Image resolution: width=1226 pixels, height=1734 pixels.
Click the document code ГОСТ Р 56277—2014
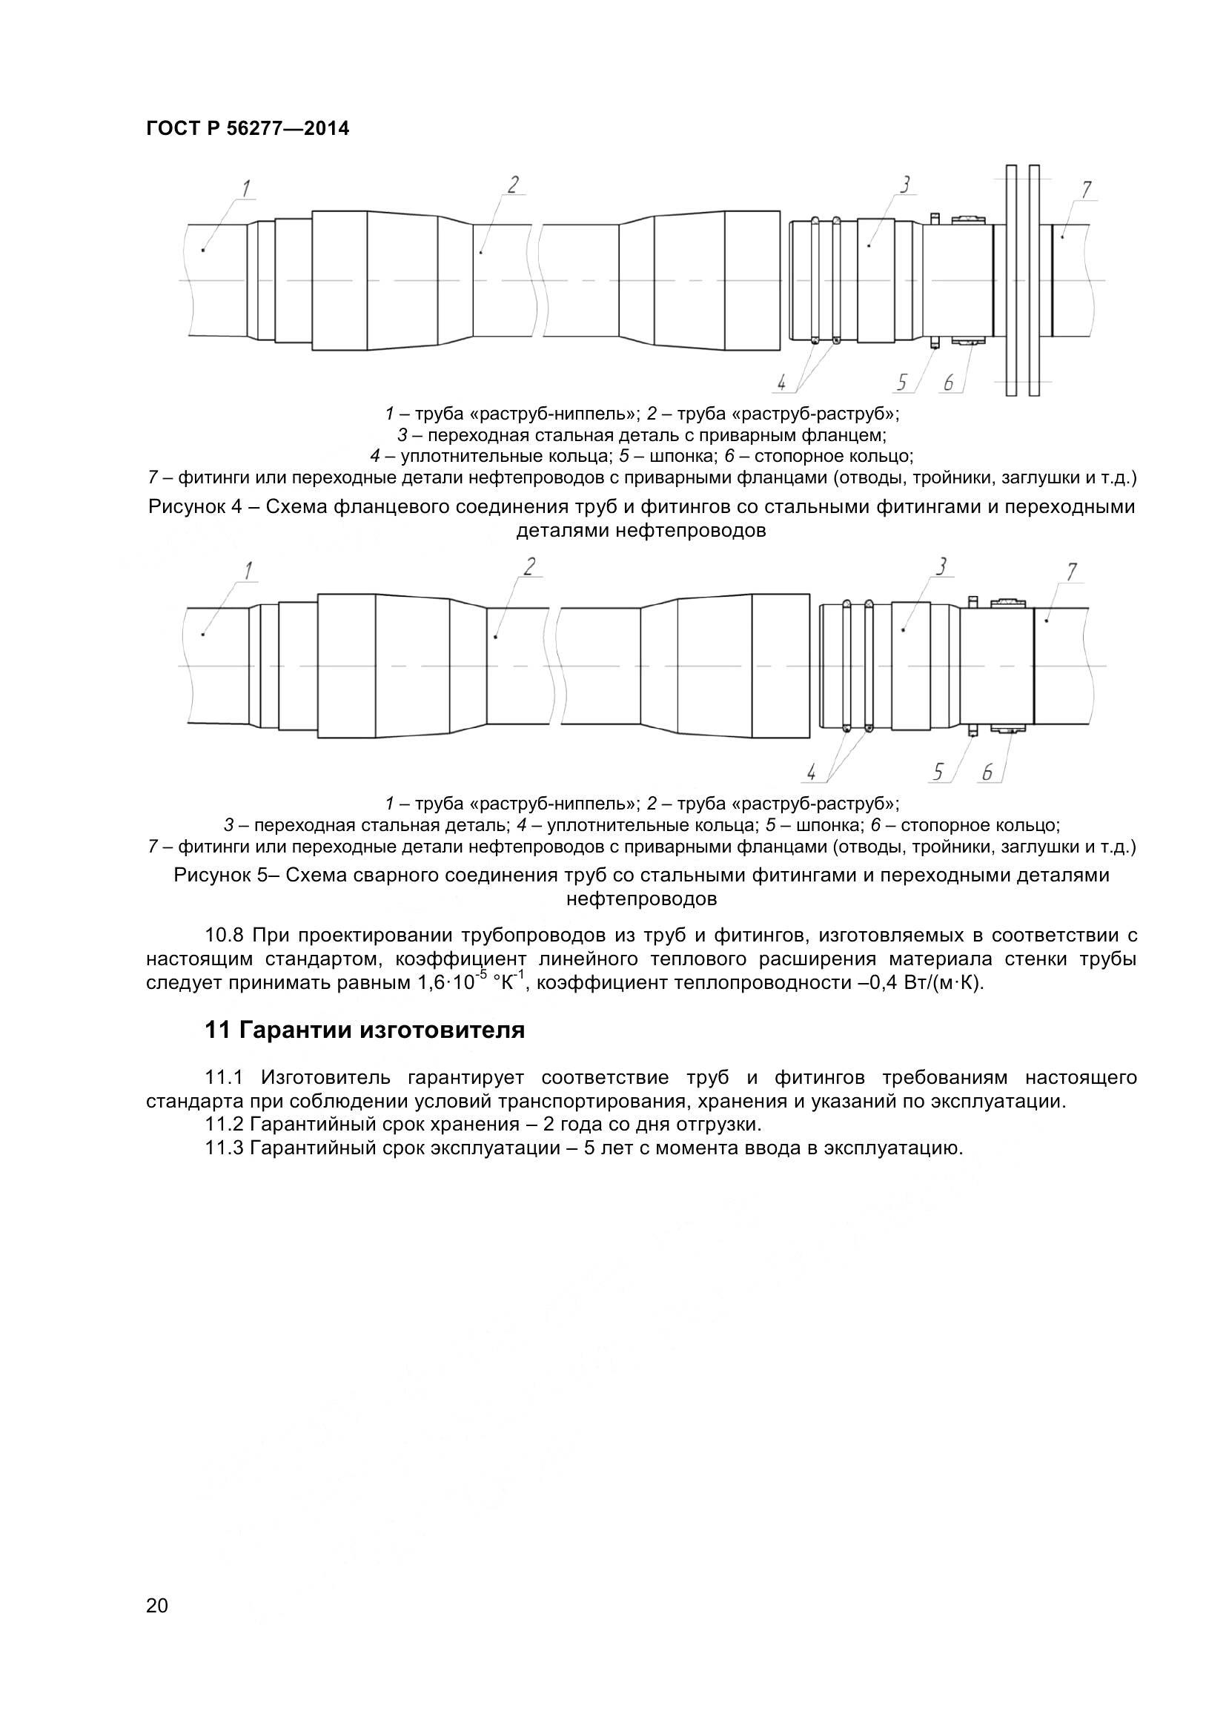[248, 129]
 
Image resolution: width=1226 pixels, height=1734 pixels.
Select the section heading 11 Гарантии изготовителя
[365, 1030]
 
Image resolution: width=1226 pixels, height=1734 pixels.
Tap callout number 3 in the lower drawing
[941, 566]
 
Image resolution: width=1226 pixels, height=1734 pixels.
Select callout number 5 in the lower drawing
[938, 772]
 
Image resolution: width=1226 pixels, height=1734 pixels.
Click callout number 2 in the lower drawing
[529, 566]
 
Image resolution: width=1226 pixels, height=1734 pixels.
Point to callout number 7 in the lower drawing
[1072, 572]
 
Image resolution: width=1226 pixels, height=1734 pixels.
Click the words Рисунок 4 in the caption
[193, 507]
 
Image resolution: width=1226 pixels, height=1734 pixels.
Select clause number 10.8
[224, 935]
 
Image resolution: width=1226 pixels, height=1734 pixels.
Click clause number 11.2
[224, 1124]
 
